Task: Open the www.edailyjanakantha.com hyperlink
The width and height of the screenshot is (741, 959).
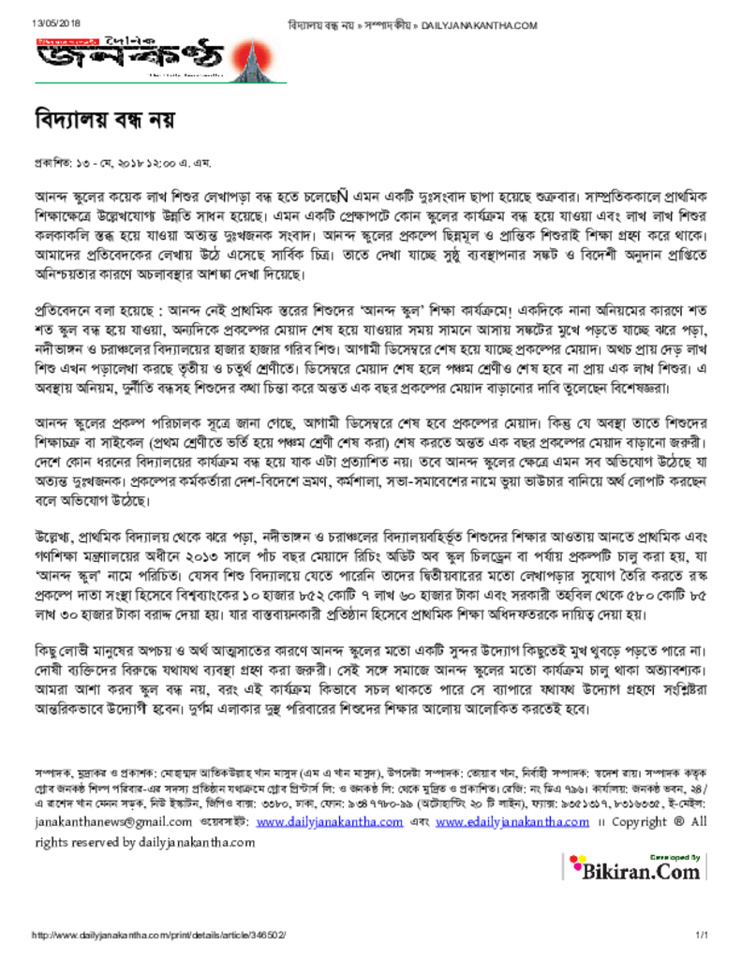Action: (511, 821)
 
